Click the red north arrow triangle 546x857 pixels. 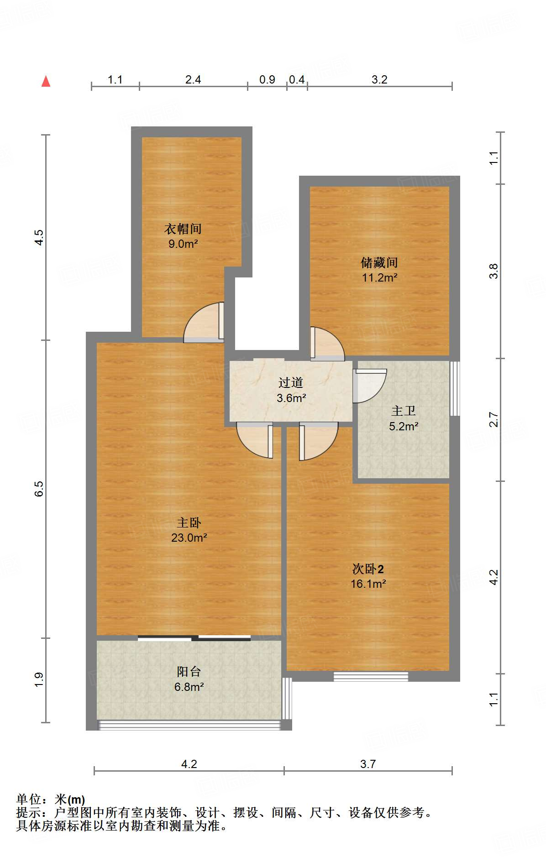(46, 82)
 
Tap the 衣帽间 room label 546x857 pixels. (183, 229)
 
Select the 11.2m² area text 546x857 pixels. (379, 277)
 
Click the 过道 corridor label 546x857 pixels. (291, 382)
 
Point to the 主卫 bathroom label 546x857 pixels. (404, 411)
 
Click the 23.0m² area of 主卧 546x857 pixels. (189, 538)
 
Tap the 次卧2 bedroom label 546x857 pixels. (368, 569)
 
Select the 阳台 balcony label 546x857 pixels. (189, 671)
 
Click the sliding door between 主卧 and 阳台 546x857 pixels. (194, 638)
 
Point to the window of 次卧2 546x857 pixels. (371, 676)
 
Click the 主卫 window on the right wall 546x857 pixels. (455, 388)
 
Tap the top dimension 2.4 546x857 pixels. (193, 79)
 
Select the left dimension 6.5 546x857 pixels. (39, 489)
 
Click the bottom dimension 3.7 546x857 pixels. (368, 764)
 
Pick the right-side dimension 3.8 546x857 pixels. (494, 271)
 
